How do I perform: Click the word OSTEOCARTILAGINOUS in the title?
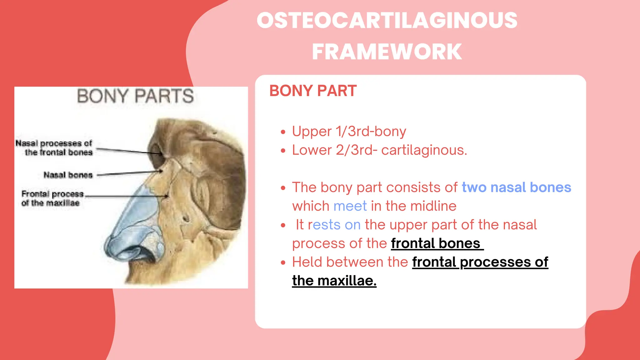(387, 21)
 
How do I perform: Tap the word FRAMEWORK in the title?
(387, 52)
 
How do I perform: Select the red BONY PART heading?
(313, 91)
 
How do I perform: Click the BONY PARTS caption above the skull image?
(135, 96)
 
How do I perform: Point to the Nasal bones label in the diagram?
(68, 175)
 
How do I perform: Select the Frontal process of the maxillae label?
(52, 198)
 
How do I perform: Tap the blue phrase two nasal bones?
(516, 187)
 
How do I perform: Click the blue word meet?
(350, 206)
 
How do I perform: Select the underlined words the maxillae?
(334, 281)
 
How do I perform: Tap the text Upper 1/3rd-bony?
(349, 131)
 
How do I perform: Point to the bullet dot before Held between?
(283, 262)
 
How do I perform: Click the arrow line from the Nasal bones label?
(128, 173)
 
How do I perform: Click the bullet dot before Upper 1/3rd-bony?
(283, 132)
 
